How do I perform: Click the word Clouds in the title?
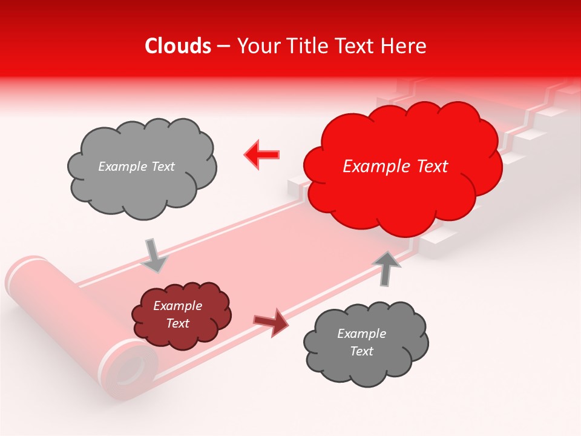[178, 46]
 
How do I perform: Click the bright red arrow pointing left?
[261, 155]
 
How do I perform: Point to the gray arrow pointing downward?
[154, 256]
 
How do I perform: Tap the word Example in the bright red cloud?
[375, 167]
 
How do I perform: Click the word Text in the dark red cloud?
[178, 323]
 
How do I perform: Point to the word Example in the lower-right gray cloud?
[361, 334]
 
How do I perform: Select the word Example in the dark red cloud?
[178, 306]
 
